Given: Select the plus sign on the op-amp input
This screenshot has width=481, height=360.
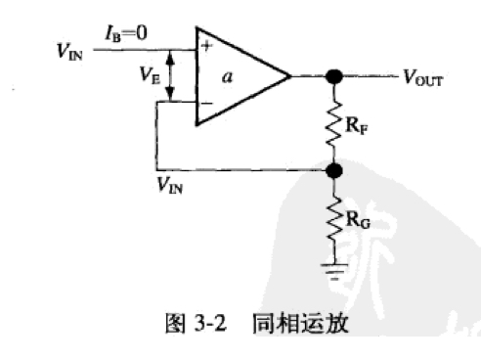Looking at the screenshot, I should [206, 44].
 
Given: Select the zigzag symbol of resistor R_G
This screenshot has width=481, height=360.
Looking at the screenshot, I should [334, 217].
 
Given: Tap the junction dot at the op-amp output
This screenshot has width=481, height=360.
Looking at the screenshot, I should [334, 76].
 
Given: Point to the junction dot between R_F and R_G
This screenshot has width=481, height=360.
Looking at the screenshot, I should [334, 171].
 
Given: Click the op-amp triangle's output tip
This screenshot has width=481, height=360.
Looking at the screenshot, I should [290, 75].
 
